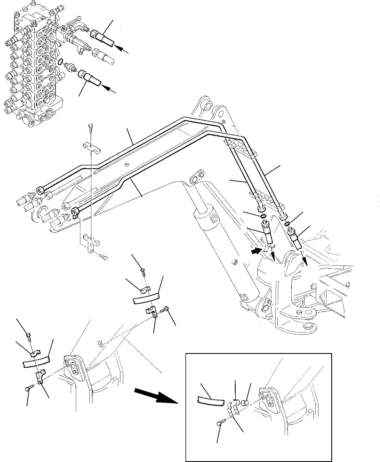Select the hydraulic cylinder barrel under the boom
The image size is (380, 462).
[x=223, y=254]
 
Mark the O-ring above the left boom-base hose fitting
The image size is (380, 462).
[x=263, y=216]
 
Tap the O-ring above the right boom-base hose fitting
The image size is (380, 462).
[x=287, y=224]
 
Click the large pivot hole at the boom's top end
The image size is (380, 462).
[x=208, y=105]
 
